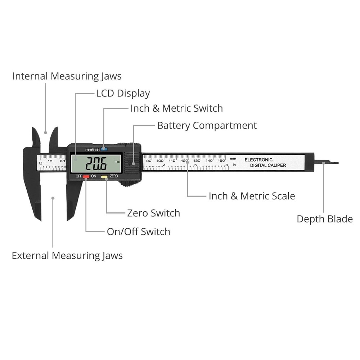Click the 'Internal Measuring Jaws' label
(x=67, y=76)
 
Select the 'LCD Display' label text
(x=123, y=94)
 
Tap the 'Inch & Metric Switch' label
(x=176, y=108)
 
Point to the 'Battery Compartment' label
(x=207, y=126)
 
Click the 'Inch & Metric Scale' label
(x=252, y=196)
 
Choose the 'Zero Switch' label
(x=153, y=213)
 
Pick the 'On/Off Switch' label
(x=138, y=231)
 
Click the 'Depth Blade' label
(x=324, y=219)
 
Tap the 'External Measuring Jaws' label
(x=67, y=256)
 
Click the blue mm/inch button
(x=104, y=149)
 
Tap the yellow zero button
(x=104, y=177)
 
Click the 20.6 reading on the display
(x=96, y=165)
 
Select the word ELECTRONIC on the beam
(x=258, y=159)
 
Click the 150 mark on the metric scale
(x=221, y=160)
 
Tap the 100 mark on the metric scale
(x=160, y=160)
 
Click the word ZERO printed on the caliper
(x=114, y=176)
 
